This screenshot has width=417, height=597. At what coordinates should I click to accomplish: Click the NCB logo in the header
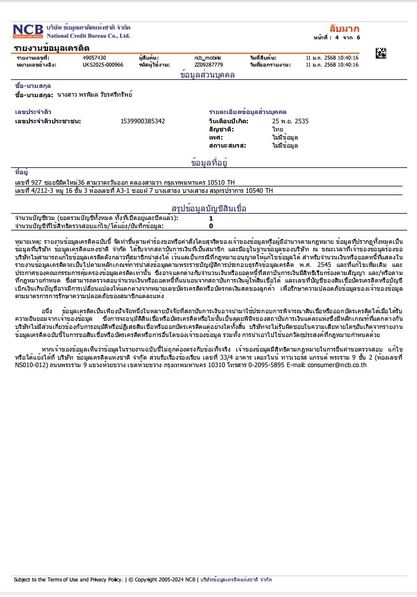(28, 31)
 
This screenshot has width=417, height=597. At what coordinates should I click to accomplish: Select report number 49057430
(94, 58)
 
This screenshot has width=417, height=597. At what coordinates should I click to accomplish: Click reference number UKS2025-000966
(103, 65)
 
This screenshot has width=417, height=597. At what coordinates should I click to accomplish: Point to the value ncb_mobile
(208, 58)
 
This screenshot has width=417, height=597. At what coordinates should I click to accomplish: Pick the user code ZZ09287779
(209, 65)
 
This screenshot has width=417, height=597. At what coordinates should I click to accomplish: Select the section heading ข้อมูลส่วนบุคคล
(207, 75)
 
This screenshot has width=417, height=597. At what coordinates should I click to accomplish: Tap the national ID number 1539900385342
(142, 121)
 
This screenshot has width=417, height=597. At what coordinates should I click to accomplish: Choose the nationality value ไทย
(277, 129)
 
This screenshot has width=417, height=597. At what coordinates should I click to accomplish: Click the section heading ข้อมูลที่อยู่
(208, 162)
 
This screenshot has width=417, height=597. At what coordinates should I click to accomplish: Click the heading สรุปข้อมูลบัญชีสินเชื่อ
(209, 207)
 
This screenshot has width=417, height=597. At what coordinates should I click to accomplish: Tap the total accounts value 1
(211, 218)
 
